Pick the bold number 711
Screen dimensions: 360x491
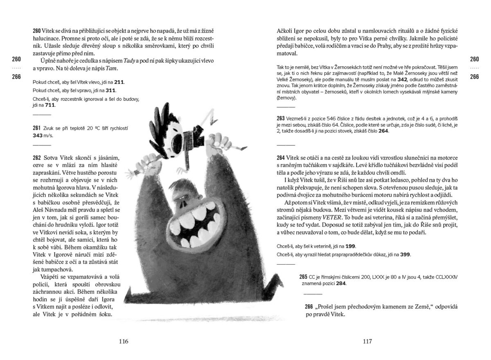point(50,105)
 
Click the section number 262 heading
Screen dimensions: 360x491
point(37,158)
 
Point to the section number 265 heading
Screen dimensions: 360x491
point(303,277)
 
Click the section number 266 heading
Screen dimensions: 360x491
point(310,307)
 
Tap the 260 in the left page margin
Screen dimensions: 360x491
point(17,59)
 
